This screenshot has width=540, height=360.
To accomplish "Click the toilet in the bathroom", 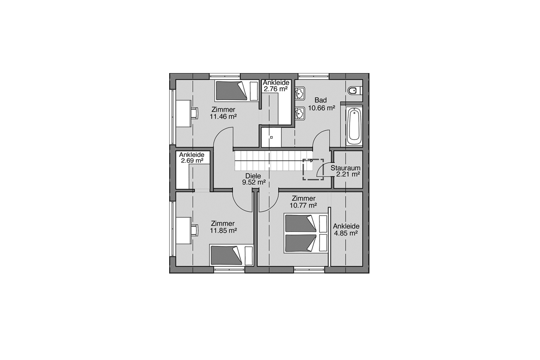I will pyautogui.click(x=353, y=90).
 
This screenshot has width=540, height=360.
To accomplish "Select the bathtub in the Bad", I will pyautogui.click(x=354, y=126).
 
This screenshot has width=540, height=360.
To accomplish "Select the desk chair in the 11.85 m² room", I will pyautogui.click(x=194, y=229).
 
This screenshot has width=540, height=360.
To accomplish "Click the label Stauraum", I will pyautogui.click(x=345, y=168).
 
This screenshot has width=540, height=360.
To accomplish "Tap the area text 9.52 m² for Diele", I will pyautogui.click(x=254, y=183).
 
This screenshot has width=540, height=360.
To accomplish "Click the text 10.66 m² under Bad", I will pyautogui.click(x=321, y=108).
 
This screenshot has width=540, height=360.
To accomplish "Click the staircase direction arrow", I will pyautogui.click(x=311, y=161).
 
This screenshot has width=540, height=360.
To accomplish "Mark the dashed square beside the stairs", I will pyautogui.click(x=313, y=169).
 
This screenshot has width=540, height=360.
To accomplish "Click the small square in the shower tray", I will pyautogui.click(x=272, y=137).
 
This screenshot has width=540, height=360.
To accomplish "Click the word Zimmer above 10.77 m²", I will pyautogui.click(x=303, y=198).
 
